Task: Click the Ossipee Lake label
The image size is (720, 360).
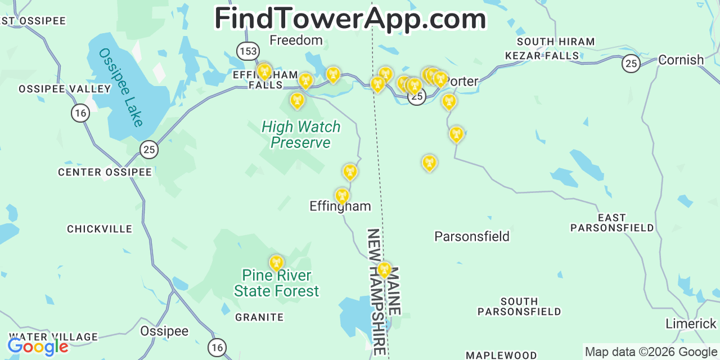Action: coord(121,87)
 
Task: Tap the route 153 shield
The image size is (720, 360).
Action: coord(247,51)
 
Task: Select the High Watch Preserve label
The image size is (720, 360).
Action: coord(301,135)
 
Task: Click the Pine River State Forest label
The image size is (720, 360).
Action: coord(276,283)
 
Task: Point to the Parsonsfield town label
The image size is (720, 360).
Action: coord(471,237)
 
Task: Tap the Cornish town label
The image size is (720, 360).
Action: coord(681,60)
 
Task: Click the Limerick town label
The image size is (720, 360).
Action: coord(691,324)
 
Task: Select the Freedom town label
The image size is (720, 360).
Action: coord(296,40)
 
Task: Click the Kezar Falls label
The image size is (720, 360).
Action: coord(542,56)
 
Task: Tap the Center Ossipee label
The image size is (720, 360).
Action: coord(105,172)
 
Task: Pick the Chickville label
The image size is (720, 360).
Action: coord(100,229)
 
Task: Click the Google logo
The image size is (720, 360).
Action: coord(38,346)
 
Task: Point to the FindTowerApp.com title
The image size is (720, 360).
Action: coord(350,19)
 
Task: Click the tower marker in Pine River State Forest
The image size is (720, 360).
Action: coord(276,263)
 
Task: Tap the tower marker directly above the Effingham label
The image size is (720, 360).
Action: coord(342,196)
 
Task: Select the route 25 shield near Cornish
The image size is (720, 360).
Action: coord(631,64)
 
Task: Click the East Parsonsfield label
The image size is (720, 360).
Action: coord(612,223)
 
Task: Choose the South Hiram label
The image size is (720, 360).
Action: coord(555,42)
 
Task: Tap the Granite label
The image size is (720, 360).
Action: coord(259,317)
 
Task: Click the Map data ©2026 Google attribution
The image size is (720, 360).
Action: coord(651,352)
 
